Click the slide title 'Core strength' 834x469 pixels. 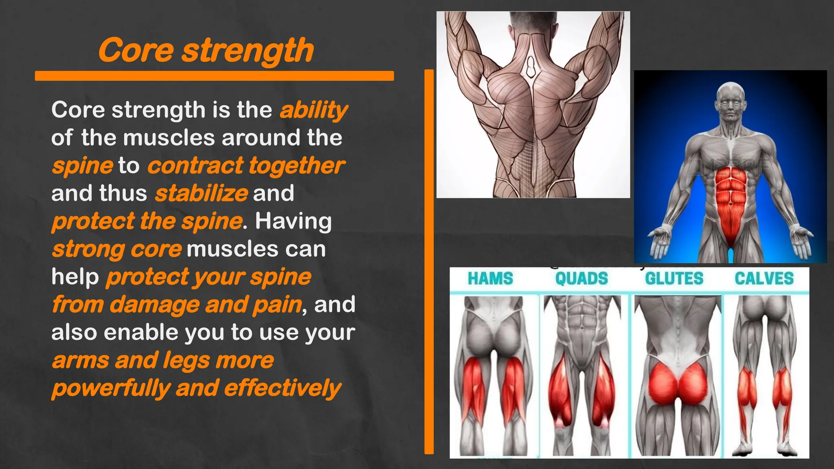(x=206, y=50)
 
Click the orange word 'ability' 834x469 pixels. (x=314, y=110)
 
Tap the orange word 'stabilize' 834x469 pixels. (x=201, y=193)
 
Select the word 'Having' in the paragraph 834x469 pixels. (x=293, y=221)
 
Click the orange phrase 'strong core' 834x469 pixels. (x=116, y=249)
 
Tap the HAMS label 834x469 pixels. (x=490, y=279)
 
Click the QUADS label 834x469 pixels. (x=581, y=279)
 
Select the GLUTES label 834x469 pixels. (x=674, y=279)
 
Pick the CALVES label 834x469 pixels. (x=764, y=279)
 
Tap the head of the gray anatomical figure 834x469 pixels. (x=731, y=98)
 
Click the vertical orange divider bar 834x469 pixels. (x=429, y=261)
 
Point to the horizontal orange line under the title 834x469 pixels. (x=214, y=76)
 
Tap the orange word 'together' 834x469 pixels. (x=297, y=166)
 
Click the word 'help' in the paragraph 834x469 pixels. (x=75, y=277)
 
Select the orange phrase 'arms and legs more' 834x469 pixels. (x=163, y=360)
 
